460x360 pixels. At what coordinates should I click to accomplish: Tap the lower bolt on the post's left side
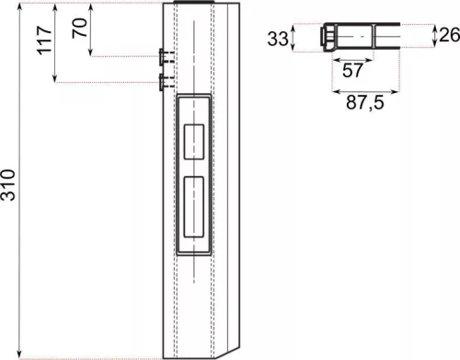click(x=163, y=83)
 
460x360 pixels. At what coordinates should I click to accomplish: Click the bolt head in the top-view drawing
click(x=328, y=38)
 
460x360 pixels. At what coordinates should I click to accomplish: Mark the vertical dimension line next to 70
click(x=93, y=30)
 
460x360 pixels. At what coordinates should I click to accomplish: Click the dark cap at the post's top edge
click(x=194, y=5)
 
